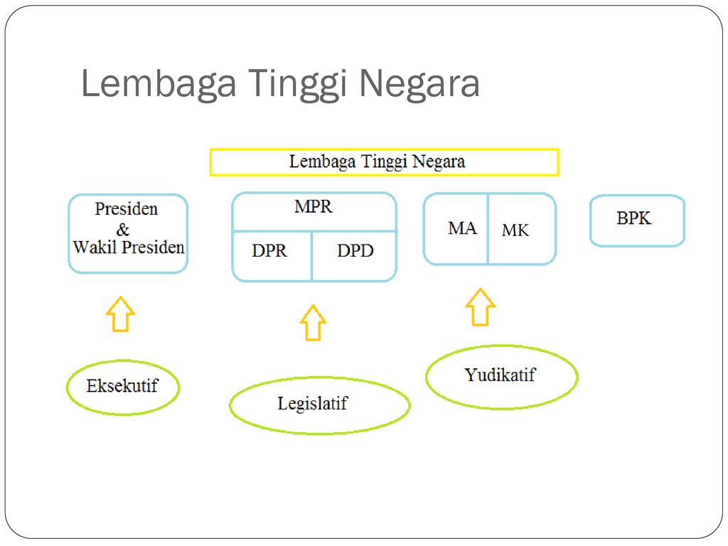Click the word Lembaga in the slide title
pos(158,85)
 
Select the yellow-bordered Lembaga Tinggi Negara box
pos(384,162)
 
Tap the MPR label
pos(313,208)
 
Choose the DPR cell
pos(269,251)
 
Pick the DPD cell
pos(355,251)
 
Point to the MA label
pos(462,228)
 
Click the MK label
pos(515,230)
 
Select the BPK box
pos(636,220)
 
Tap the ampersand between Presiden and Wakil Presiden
pos(123,230)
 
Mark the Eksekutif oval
pos(122,387)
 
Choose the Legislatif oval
pos(319,405)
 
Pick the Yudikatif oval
pos(500,375)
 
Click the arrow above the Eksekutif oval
pos(120,314)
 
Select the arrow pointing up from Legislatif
pos(312,323)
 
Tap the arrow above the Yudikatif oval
pos(481,307)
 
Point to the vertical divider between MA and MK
pos(488,229)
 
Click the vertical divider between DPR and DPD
pos(312,256)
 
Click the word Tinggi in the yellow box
pos(382,162)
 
